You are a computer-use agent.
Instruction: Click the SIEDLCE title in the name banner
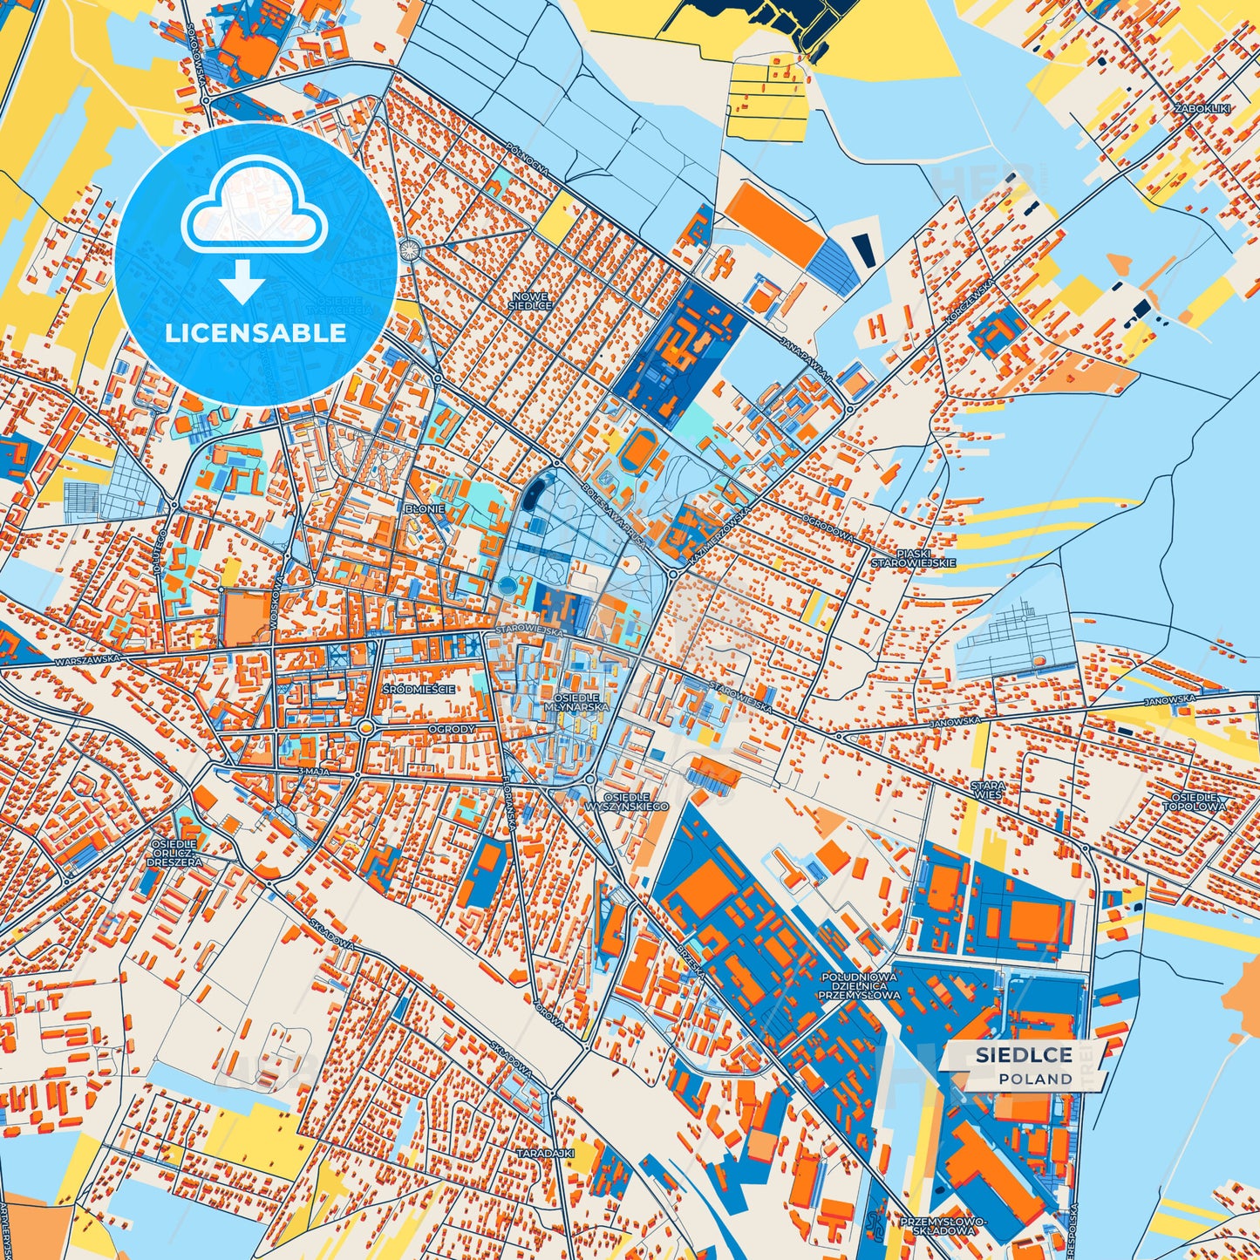click(1024, 1055)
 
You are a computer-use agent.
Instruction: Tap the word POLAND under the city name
click(1036, 1079)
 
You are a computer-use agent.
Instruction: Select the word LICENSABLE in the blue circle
click(257, 333)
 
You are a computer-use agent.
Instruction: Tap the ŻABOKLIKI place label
click(1201, 108)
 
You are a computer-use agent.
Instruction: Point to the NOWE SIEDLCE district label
click(532, 301)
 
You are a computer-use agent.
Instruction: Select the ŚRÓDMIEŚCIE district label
click(419, 689)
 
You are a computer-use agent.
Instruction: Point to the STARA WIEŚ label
click(987, 790)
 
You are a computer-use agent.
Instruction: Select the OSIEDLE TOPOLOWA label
click(1198, 801)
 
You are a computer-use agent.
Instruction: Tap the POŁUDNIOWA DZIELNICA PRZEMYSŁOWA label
click(860, 985)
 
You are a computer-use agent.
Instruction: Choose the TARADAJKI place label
click(545, 1153)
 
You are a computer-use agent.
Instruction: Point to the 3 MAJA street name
click(311, 773)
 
